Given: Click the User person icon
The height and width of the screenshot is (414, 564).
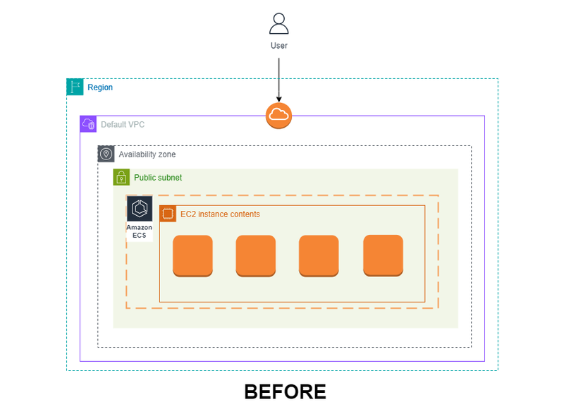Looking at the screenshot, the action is (x=278, y=24).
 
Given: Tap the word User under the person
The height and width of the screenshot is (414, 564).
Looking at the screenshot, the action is (x=279, y=46).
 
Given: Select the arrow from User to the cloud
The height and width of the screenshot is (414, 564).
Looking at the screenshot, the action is (x=278, y=80).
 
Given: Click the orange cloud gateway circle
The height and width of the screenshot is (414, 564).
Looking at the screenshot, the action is (x=278, y=116).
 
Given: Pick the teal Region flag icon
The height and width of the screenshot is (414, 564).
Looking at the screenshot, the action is (x=75, y=87).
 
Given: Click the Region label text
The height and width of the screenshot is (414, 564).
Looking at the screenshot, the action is (x=100, y=87).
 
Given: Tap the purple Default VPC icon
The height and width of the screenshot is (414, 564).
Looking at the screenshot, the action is (x=88, y=124).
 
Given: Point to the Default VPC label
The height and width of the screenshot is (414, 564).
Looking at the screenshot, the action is (x=123, y=124).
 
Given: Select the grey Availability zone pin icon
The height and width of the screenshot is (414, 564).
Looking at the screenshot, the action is (x=106, y=154).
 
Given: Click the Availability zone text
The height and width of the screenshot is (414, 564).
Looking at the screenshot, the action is (x=147, y=154).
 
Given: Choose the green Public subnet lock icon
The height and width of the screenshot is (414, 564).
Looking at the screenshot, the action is (x=121, y=177).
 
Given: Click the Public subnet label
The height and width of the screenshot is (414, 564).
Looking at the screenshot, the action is (x=158, y=178).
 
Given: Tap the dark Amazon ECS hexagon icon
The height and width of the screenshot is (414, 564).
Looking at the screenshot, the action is (x=140, y=209).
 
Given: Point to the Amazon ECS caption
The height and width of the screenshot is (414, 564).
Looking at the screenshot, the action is (x=139, y=231).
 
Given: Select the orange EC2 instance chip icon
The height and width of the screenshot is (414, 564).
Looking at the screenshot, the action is (x=168, y=214).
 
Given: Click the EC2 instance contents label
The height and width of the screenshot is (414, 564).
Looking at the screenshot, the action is (x=220, y=214).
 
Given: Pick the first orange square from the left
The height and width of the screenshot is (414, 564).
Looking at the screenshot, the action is (x=192, y=256).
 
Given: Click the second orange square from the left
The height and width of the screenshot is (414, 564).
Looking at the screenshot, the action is (x=256, y=256).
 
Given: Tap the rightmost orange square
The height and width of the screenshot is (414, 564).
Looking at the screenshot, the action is (x=383, y=256).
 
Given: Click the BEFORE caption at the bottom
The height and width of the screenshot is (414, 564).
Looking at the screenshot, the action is (x=286, y=391).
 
